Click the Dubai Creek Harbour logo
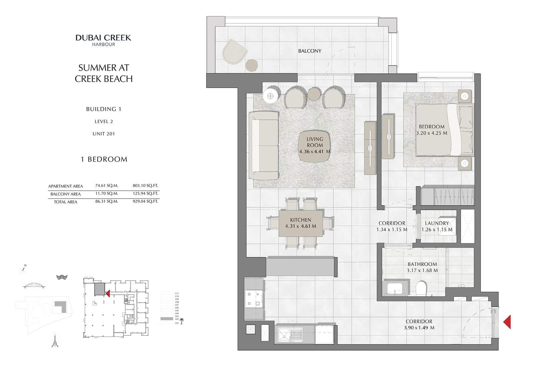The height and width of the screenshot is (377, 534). (103, 40)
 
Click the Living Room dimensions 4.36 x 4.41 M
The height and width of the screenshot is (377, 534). (315, 151)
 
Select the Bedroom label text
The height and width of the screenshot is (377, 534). (432, 127)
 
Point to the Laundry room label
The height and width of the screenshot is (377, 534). (437, 223)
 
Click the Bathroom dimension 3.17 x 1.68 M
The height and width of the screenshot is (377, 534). (422, 270)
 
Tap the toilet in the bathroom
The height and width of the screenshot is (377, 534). (421, 289)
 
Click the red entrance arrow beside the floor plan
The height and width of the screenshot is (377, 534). (507, 322)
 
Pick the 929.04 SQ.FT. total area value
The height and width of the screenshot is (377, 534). (145, 201)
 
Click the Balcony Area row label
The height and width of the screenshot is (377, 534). (65, 194)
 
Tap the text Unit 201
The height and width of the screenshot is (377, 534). (103, 134)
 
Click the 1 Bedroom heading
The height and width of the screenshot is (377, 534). (104, 159)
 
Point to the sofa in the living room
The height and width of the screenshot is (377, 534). (264, 146)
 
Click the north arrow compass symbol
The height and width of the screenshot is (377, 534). (24, 269)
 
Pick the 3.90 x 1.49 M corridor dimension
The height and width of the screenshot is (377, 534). (419, 328)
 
